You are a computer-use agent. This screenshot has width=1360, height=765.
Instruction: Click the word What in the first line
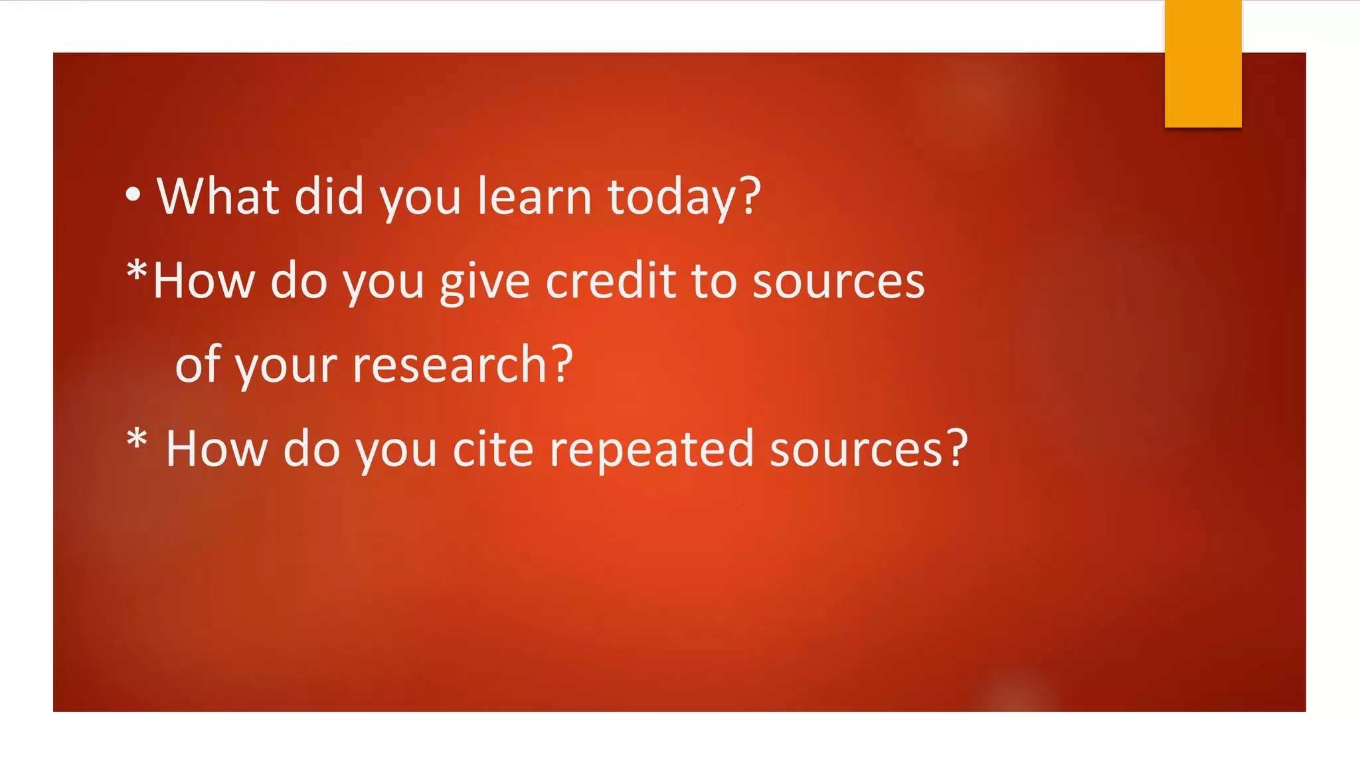[218, 197]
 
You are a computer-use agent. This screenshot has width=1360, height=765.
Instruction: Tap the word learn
[534, 197]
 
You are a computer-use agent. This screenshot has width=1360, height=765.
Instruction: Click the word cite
[493, 449]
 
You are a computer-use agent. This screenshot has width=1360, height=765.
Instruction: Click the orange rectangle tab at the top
[1203, 64]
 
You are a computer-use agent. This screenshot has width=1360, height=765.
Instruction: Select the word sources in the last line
[856, 450]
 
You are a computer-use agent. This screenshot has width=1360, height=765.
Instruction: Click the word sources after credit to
[838, 282]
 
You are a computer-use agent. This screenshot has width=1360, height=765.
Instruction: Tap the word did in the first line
[329, 197]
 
